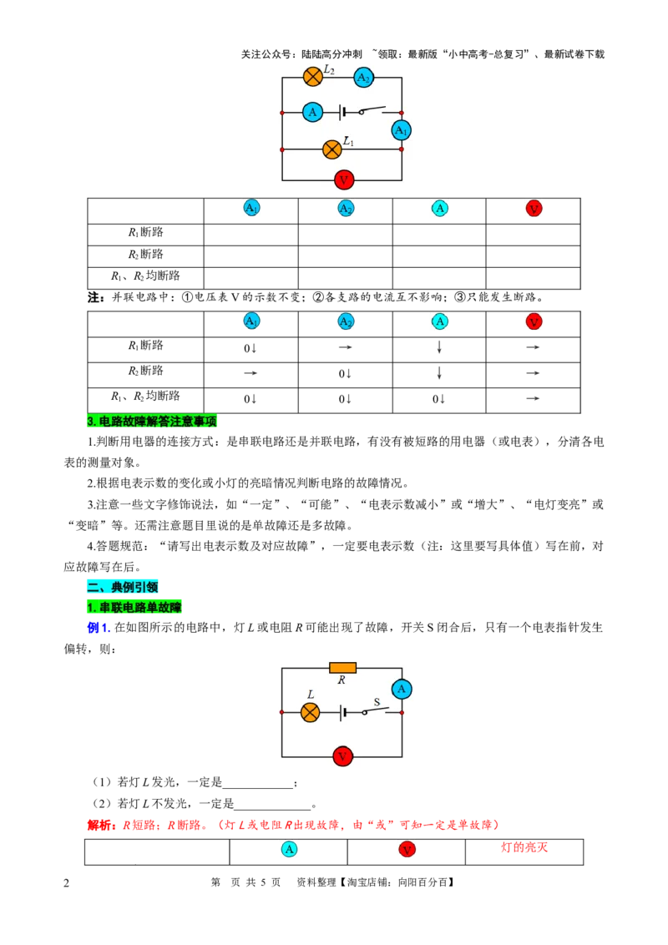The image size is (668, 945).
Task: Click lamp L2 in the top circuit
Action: [313, 77]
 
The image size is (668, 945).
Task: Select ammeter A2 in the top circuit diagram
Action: [363, 78]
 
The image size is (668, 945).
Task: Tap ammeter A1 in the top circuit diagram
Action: [402, 130]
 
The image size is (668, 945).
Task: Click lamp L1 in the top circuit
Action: [332, 149]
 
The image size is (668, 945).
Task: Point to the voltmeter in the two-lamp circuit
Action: [344, 179]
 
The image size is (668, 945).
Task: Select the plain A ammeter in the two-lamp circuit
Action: [312, 112]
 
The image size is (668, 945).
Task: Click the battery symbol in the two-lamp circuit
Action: [343, 112]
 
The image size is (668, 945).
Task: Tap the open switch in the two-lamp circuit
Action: [372, 110]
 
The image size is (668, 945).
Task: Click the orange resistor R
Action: [342, 668]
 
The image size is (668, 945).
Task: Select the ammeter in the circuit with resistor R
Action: [402, 689]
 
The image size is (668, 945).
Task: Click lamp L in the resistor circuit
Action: [310, 712]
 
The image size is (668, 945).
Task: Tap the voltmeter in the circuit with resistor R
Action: [342, 756]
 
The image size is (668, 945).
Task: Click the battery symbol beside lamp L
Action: [343, 712]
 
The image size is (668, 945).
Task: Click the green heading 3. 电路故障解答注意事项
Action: [152, 422]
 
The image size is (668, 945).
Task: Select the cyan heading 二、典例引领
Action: [122, 587]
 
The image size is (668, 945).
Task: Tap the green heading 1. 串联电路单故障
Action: [134, 607]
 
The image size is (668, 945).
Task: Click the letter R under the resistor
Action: [342, 680]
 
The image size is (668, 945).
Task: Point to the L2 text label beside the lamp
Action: [329, 70]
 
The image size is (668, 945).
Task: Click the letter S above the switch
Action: [377, 702]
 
